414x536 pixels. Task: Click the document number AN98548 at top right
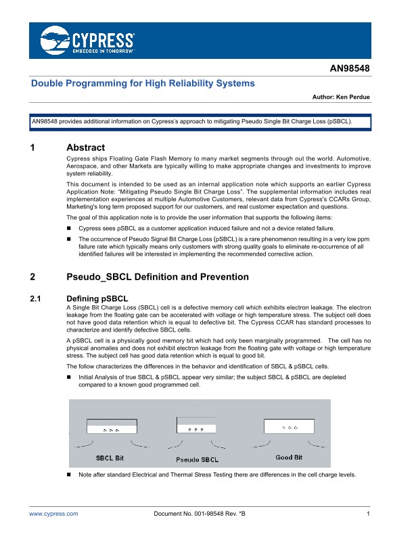coord(349,69)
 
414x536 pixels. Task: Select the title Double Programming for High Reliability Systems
coord(143,84)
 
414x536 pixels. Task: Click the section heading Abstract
coord(85,148)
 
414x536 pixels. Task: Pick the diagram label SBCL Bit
coord(109,458)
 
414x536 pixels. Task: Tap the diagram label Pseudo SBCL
coord(197,460)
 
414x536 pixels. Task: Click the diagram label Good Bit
coord(289,457)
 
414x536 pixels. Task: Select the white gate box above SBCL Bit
coord(112,426)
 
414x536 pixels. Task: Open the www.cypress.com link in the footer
coord(53,515)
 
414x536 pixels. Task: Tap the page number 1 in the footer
coord(368,515)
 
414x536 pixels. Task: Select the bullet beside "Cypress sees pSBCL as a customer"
coord(69,229)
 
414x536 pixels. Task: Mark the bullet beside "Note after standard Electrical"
coord(69,476)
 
